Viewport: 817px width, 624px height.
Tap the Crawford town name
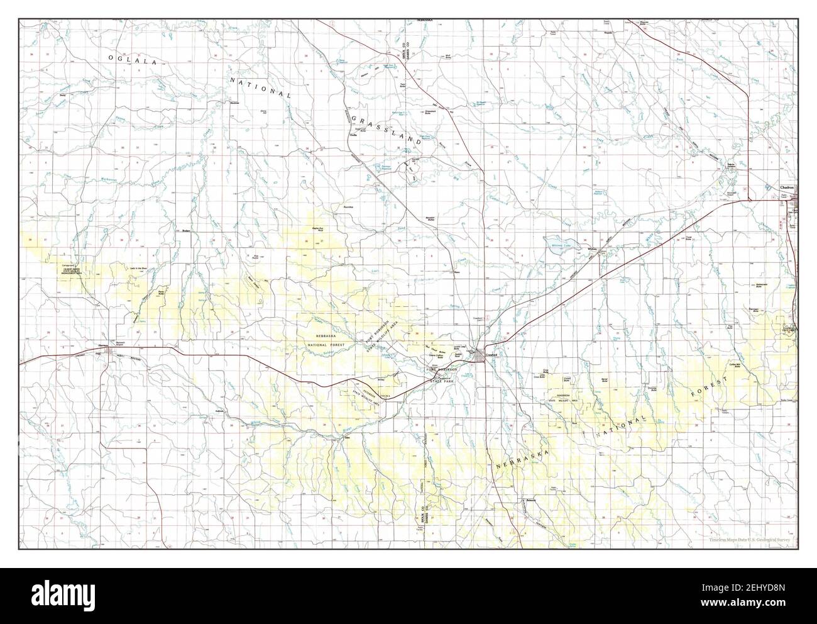click(x=491, y=355)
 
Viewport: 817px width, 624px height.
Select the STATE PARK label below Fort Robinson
click(x=443, y=381)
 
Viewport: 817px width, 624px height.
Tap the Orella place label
click(x=353, y=135)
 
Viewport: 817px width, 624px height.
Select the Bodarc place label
click(x=185, y=230)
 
